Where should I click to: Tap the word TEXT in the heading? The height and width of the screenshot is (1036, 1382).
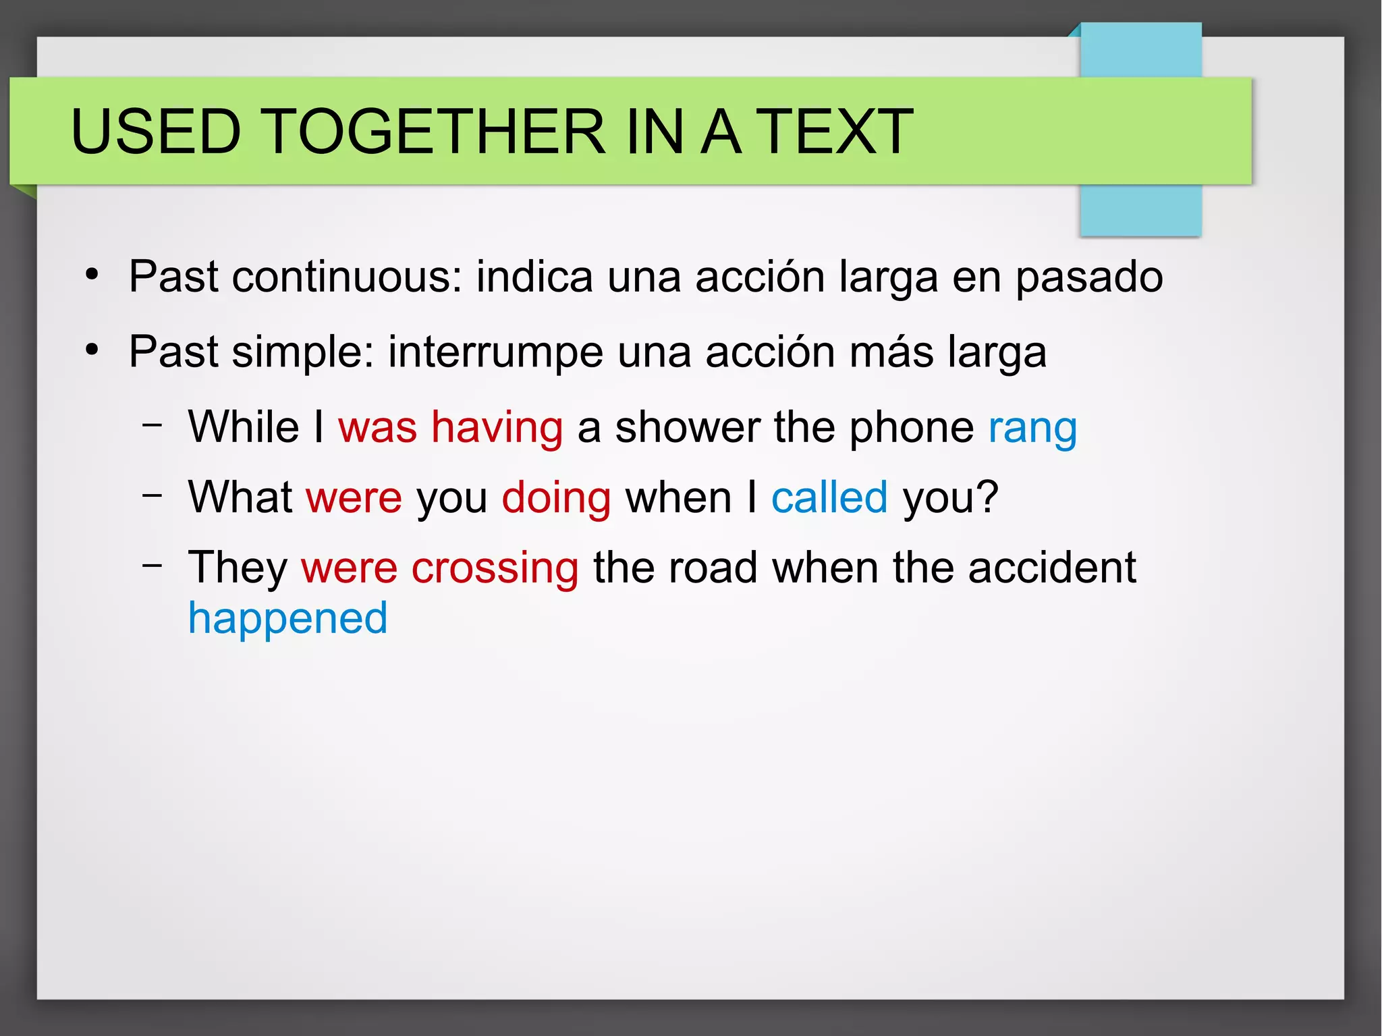pos(834,132)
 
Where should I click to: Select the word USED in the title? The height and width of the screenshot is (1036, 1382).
pos(156,132)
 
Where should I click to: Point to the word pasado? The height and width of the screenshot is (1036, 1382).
pos(1089,278)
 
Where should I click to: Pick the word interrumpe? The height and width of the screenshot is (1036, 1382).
pos(495,353)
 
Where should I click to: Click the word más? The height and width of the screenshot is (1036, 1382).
pos(891,352)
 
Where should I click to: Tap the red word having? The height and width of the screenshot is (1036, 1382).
pos(497,428)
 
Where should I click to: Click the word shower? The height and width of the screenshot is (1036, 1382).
pos(688,428)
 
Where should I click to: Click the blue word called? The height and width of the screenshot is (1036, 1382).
pos(829,497)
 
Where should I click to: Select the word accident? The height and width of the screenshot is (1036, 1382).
pos(1052,568)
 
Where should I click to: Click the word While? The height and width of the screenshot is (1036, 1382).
pos(244,427)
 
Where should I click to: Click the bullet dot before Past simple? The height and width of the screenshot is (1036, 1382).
pos(92,350)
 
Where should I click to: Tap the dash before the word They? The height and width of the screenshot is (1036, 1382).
pos(153,565)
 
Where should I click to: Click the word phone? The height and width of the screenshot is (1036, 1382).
pos(911,428)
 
